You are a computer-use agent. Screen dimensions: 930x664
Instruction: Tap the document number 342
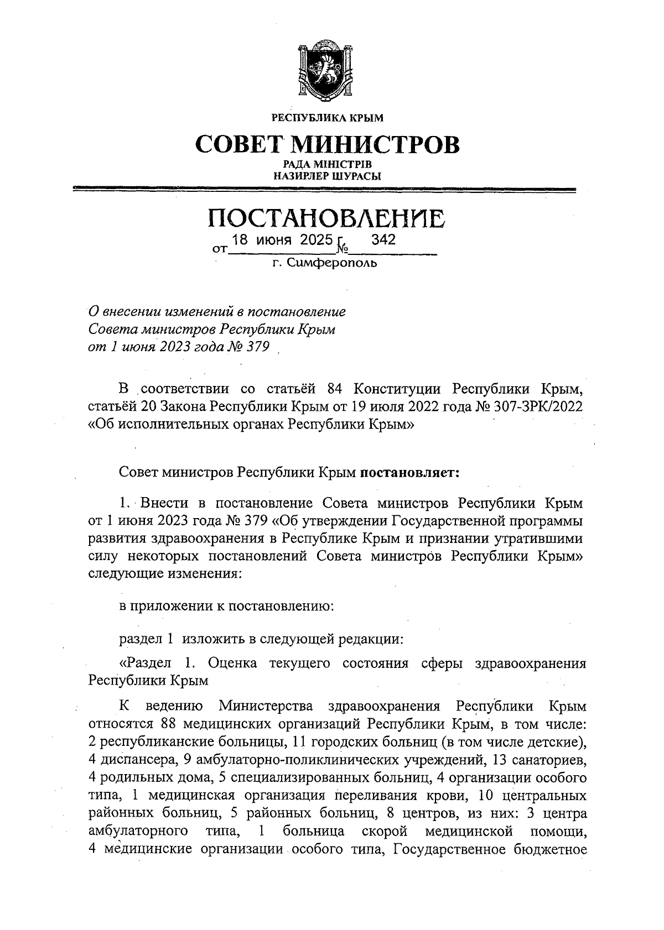pyautogui.click(x=383, y=240)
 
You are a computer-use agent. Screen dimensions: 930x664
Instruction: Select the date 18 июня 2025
pyautogui.click(x=283, y=240)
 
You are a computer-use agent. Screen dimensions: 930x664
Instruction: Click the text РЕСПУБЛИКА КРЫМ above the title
pyautogui.click(x=326, y=118)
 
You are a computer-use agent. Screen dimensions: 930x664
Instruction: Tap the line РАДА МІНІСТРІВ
pyautogui.click(x=326, y=165)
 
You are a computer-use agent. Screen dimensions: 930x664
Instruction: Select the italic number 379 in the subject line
pyautogui.click(x=257, y=347)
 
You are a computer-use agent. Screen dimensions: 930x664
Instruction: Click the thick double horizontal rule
pyautogui.click(x=325, y=190)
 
